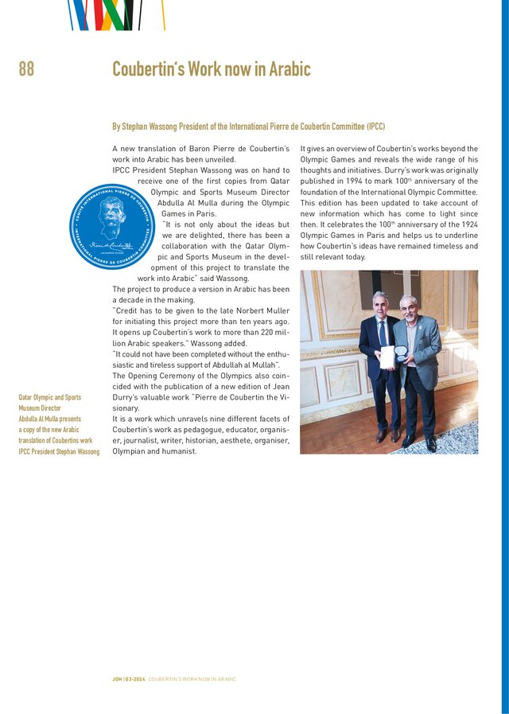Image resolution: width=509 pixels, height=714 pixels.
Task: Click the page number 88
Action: coord(26,69)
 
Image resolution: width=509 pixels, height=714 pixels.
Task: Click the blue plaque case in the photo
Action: coord(402,353)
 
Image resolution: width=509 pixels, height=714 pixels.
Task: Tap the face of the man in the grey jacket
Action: coord(408,307)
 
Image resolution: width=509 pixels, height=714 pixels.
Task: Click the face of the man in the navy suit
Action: coord(380,304)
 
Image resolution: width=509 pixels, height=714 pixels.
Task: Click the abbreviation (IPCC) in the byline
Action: coord(375,127)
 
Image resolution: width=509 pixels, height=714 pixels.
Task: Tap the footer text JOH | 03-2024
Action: coord(129,679)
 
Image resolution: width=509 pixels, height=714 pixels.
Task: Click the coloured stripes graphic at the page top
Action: coord(115,14)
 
